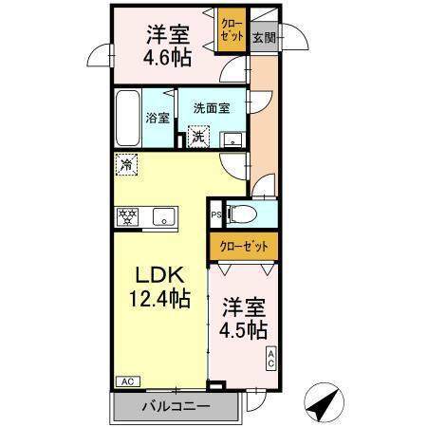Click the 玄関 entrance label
click(264, 38)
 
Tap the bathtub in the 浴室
click(127, 118)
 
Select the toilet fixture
click(243, 213)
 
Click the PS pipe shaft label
click(216, 214)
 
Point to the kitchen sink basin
click(164, 216)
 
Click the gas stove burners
click(127, 216)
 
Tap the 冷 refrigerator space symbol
click(127, 164)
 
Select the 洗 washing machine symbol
click(198, 137)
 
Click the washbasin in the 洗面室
click(233, 140)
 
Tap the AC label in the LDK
click(128, 381)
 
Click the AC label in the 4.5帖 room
click(271, 359)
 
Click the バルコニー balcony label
click(176, 406)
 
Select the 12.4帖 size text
click(160, 298)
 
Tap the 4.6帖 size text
click(167, 58)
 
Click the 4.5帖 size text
click(243, 330)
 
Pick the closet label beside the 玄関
click(232, 29)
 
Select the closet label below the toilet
click(244, 247)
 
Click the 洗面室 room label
click(212, 108)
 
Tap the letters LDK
click(159, 275)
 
